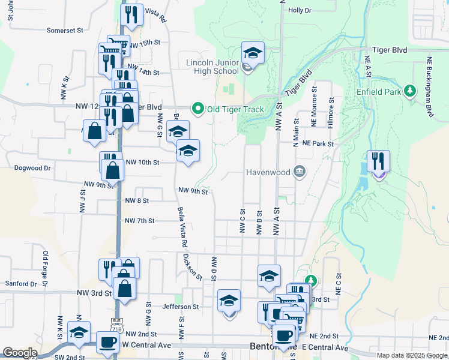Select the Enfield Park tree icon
411,91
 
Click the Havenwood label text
268,173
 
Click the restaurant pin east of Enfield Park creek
378,161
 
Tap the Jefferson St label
180,306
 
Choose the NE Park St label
318,143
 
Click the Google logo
20,353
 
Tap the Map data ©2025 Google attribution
411,355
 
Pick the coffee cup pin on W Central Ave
108,343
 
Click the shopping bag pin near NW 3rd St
124,288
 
